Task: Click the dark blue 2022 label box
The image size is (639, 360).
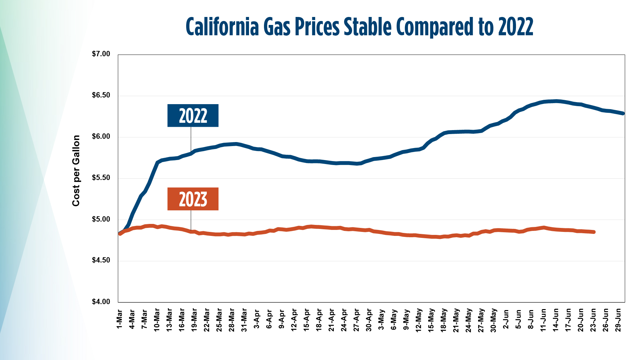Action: (193, 115)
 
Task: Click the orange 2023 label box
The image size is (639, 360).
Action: (193, 199)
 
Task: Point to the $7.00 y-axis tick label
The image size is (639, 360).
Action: (101, 54)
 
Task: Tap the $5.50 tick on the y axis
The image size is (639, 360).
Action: (101, 178)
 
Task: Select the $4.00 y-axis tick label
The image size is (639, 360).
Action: (101, 302)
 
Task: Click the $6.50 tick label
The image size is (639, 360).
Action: (101, 95)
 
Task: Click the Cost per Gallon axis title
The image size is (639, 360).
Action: (76, 171)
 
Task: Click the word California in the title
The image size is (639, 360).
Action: (222, 27)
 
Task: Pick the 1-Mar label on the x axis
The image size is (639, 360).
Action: (119, 319)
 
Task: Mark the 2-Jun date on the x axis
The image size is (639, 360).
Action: (506, 319)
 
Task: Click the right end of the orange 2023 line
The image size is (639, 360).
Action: (594, 232)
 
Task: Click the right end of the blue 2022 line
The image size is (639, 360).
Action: (623, 113)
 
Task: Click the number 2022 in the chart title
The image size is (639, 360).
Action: (516, 27)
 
